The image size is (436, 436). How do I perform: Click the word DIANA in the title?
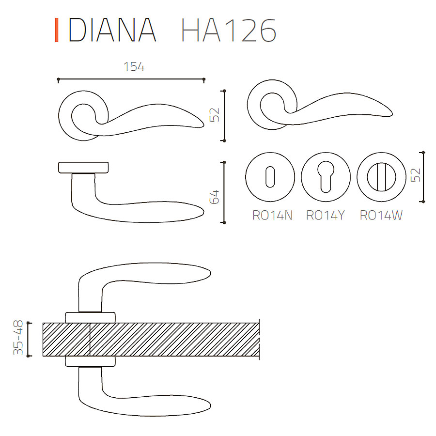[x=112, y=30]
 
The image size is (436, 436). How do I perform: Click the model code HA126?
[x=229, y=30]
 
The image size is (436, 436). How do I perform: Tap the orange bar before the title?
[x=57, y=30]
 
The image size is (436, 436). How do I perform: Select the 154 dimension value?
[x=134, y=67]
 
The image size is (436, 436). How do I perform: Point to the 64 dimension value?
[x=215, y=197]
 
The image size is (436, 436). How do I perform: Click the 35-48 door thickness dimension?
[x=18, y=338]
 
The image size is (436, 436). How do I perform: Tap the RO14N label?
[x=272, y=215]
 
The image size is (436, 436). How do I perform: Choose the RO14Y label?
[x=326, y=215]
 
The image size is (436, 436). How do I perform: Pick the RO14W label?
[x=381, y=215]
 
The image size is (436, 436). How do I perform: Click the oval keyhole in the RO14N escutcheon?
[x=270, y=177]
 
